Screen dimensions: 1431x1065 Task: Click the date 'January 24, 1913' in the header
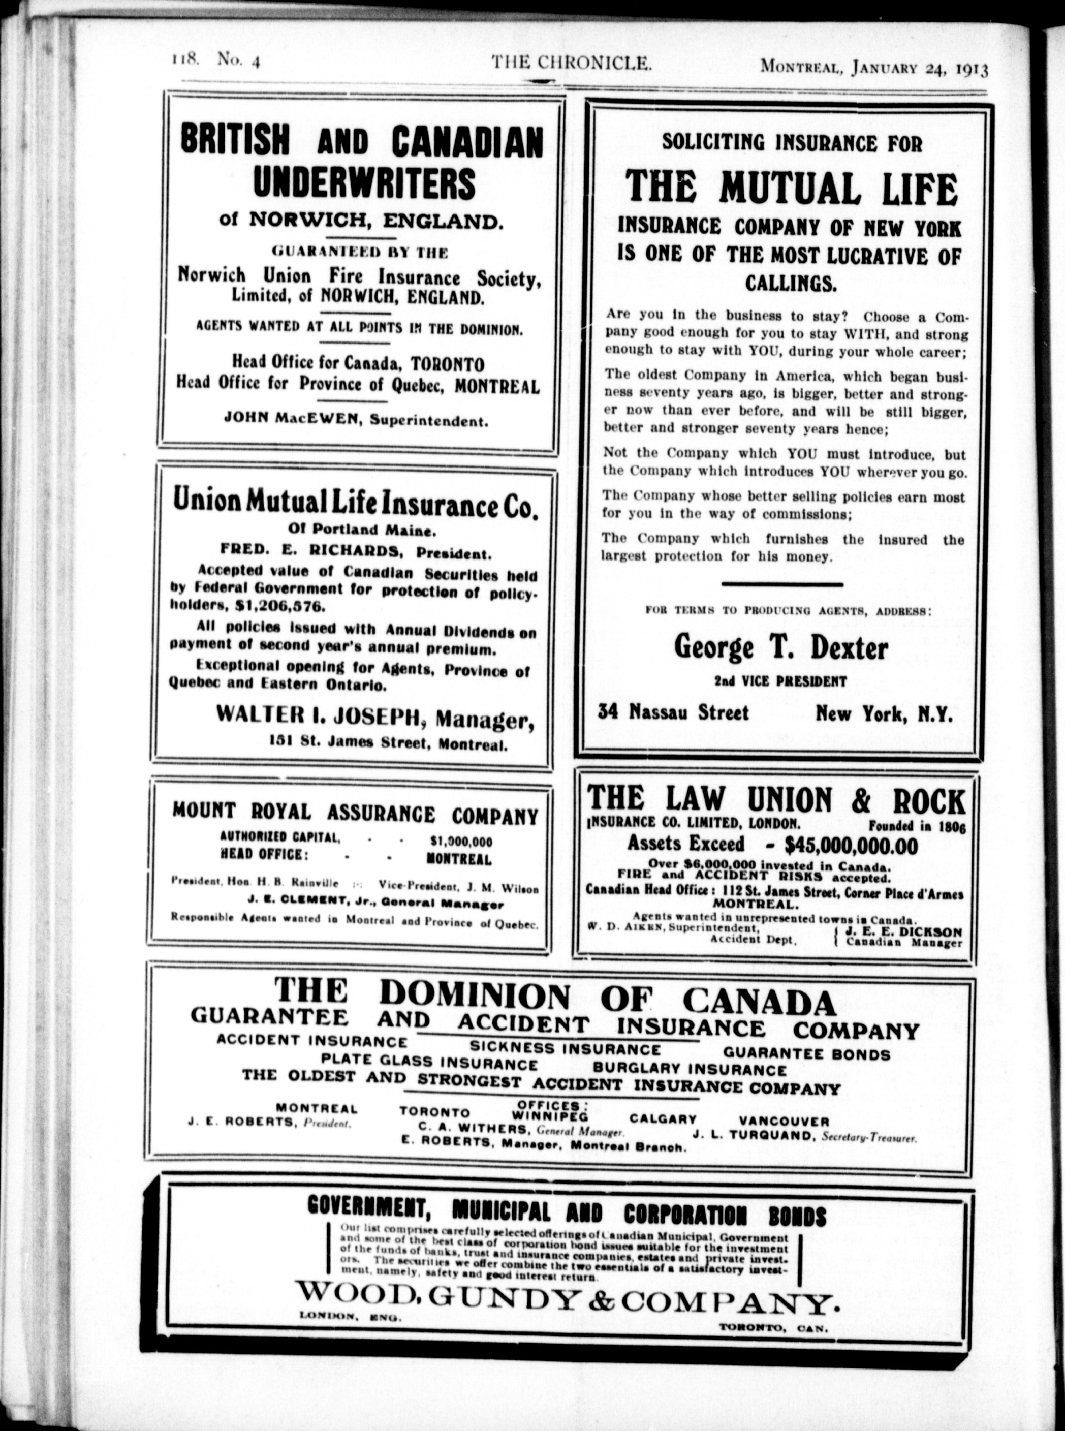[920, 68]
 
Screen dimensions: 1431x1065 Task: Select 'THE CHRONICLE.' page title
[571, 63]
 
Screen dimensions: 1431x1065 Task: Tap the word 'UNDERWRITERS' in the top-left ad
[364, 182]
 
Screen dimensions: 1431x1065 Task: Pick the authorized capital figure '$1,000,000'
[461, 841]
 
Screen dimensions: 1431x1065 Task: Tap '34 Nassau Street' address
[673, 712]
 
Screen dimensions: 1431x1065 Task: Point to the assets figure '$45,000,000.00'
[851, 845]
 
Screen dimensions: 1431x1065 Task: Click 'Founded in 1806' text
[917, 825]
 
